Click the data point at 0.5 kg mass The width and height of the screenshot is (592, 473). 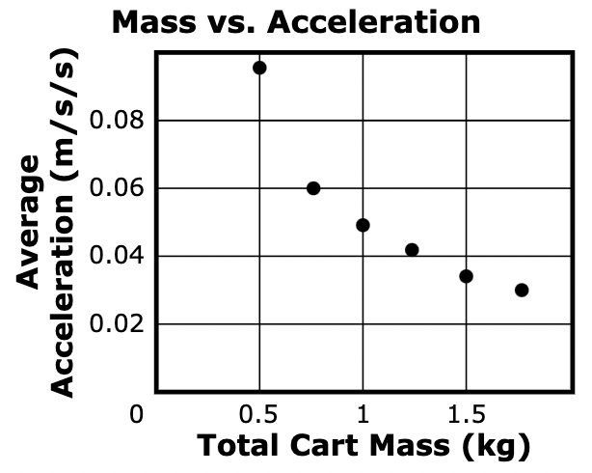tap(259, 68)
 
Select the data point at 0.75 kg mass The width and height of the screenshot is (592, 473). tap(313, 188)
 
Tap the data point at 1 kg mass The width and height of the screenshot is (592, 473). tap(363, 225)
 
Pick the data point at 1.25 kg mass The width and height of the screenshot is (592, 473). tap(412, 250)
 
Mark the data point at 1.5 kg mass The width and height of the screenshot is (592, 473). tap(467, 276)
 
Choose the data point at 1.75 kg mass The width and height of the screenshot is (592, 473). tap(522, 290)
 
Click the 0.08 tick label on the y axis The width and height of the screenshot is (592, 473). tap(115, 121)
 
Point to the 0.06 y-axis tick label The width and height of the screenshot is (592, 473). tap(115, 188)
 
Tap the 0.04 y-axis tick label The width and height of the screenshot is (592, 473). tap(115, 256)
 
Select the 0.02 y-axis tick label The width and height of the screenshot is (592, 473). tap(115, 323)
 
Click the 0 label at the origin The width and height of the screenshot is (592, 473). tap(138, 416)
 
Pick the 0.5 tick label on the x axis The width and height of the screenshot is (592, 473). tap(258, 416)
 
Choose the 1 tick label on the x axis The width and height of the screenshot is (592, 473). tap(363, 416)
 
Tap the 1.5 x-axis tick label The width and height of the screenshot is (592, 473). tap(467, 416)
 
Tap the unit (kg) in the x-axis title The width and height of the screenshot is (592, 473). tap(497, 448)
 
